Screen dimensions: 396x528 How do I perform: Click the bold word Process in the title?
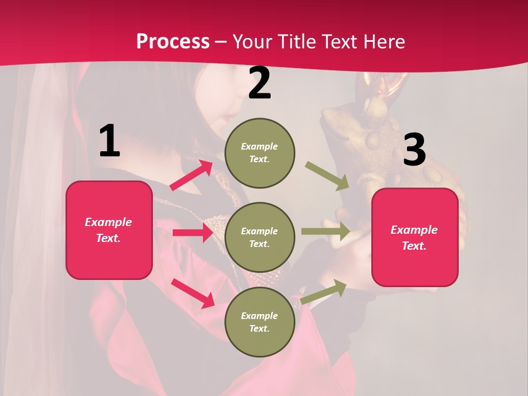point(173,42)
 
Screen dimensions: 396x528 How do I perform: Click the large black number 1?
point(109,141)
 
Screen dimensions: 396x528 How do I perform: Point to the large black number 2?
point(260,84)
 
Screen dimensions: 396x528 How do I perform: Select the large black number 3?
point(414,150)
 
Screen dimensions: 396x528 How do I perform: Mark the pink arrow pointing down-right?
point(193,293)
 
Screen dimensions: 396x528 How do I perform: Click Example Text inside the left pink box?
point(109,230)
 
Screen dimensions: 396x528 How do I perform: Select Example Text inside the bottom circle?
point(260,322)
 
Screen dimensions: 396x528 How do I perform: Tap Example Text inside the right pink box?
point(415,238)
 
